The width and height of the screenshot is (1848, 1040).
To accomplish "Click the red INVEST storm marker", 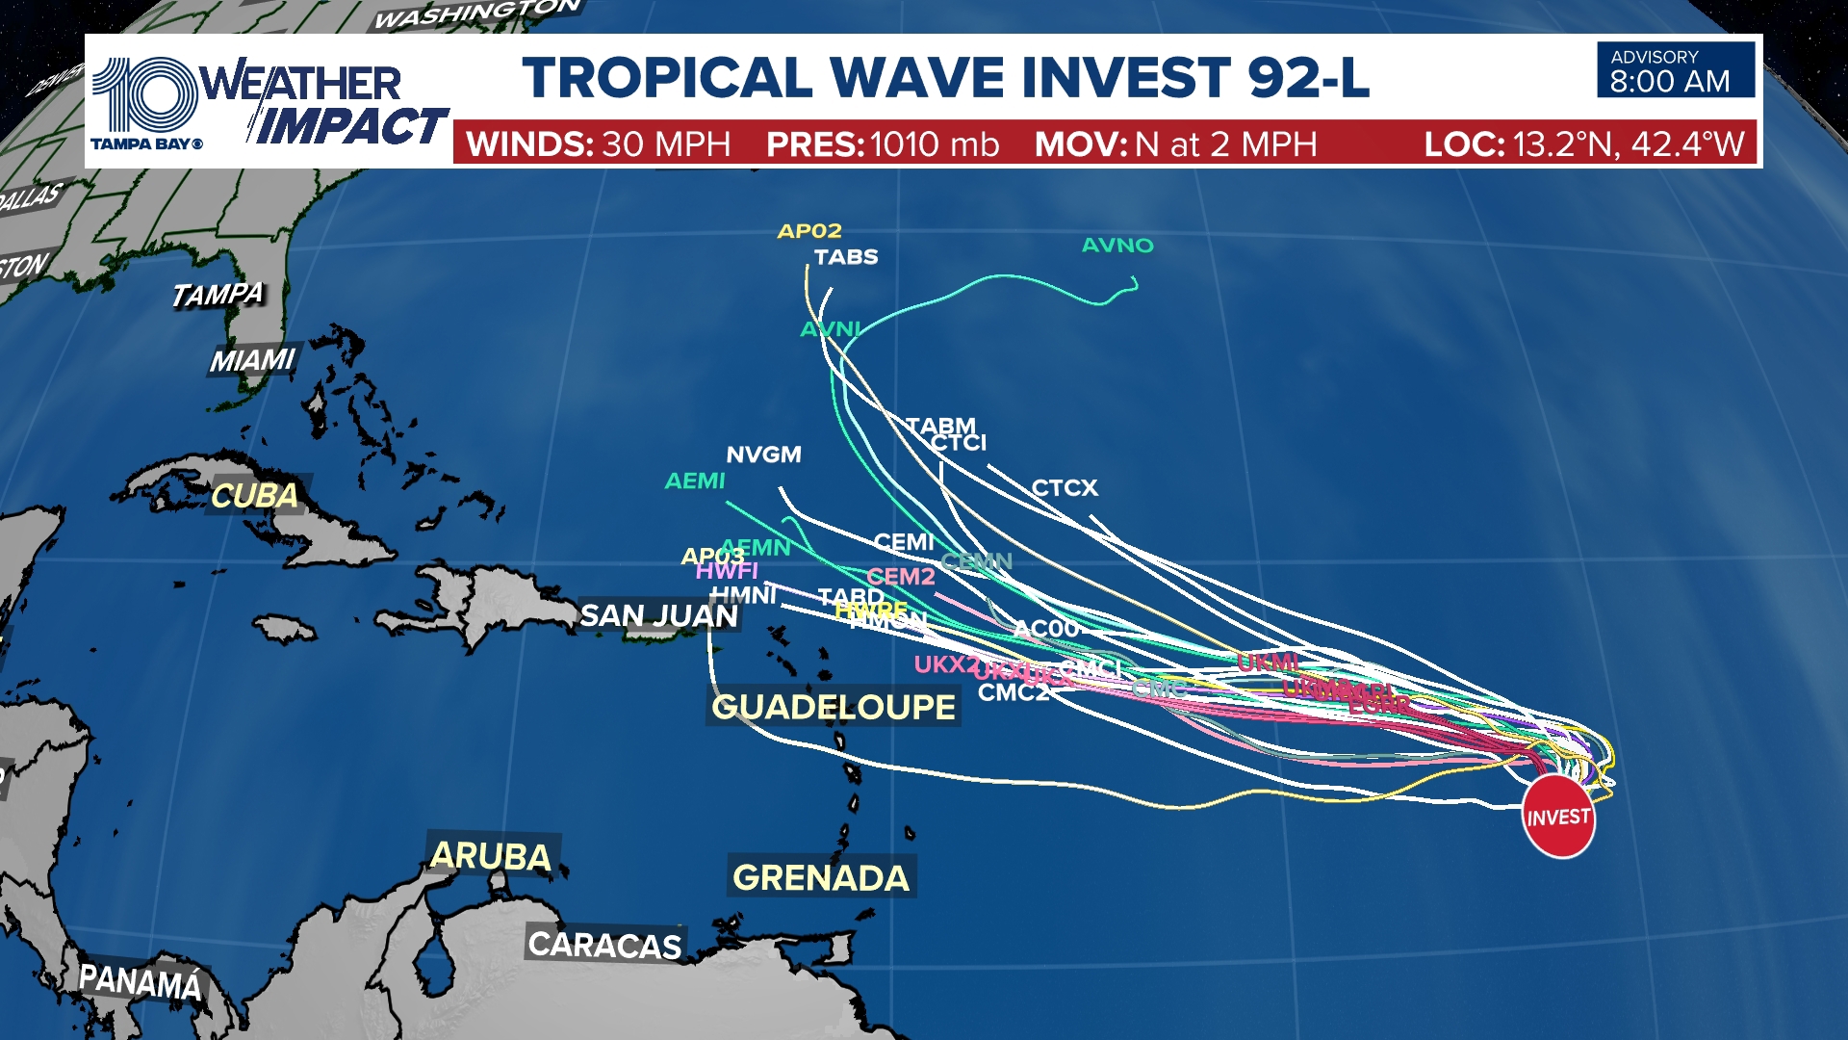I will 1558,818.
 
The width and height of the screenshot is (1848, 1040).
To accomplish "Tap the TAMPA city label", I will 218,294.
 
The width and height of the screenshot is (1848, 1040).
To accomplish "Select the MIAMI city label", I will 252,360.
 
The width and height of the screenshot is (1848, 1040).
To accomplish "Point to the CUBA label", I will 255,496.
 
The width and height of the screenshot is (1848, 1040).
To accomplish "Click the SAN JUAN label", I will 658,615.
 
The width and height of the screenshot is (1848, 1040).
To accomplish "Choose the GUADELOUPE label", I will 834,707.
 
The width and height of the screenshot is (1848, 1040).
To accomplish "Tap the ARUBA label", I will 491,856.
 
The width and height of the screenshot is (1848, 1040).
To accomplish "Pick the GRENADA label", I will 821,877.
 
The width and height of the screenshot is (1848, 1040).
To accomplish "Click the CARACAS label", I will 604,945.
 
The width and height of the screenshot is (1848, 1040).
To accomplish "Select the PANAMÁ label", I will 141,982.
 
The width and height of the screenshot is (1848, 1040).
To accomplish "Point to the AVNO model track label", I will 1117,246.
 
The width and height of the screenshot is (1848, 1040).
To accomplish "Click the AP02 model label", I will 809,231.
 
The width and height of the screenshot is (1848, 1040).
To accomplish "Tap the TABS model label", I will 846,257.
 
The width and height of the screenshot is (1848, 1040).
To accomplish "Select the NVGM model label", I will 763,455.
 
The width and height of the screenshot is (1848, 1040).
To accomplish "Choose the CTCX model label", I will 1065,488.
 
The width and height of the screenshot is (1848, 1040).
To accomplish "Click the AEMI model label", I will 695,481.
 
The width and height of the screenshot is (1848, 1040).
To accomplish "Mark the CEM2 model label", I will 901,577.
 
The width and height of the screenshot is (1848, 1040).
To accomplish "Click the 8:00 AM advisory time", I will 1670,82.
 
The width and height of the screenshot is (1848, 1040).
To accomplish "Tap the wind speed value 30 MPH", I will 666,144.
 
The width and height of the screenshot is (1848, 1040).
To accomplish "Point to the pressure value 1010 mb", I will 934,144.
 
